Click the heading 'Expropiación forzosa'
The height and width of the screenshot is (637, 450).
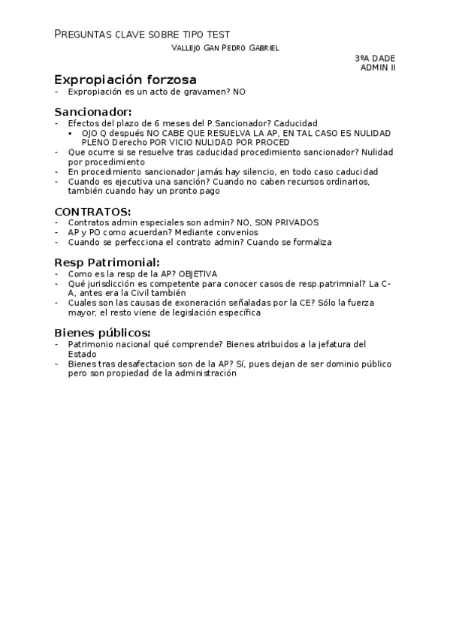point(125,79)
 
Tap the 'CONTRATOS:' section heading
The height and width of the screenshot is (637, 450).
point(92,211)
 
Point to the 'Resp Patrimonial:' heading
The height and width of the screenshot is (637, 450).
point(107,262)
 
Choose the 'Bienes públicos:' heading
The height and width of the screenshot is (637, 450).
point(102,333)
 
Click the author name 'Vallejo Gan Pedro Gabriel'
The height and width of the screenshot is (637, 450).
point(225,47)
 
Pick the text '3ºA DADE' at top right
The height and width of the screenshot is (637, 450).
point(375,58)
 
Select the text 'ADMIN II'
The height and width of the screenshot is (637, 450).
point(378,68)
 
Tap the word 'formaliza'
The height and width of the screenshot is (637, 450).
point(311,242)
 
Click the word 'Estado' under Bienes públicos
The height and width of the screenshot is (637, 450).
point(82,354)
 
